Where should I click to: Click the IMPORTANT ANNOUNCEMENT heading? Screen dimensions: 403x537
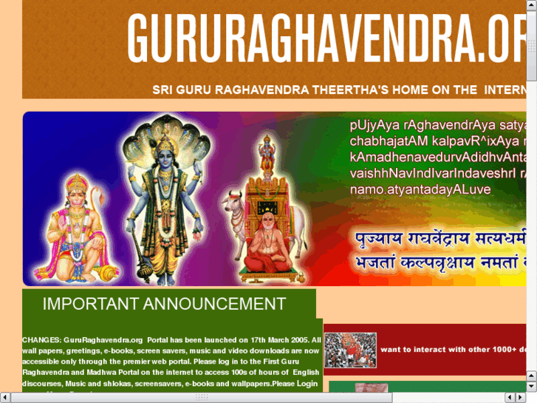point(164,304)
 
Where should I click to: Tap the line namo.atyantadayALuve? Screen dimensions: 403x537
point(420,190)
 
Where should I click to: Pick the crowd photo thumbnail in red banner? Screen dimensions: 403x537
point(350,350)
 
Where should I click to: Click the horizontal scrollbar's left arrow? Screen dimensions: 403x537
point(4,398)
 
